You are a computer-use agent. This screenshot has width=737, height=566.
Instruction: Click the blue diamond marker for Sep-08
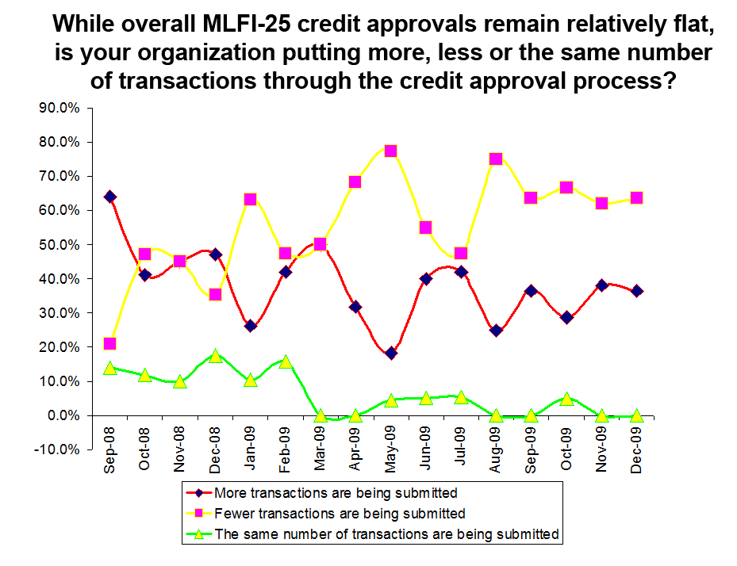(110, 197)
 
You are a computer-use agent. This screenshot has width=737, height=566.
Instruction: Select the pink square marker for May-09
(390, 151)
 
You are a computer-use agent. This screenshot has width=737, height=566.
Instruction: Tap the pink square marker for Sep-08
(110, 343)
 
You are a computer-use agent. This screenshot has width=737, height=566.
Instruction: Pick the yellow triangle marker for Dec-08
(215, 356)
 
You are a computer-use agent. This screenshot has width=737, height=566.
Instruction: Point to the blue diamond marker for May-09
(390, 353)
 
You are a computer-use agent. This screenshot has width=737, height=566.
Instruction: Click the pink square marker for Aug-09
(496, 159)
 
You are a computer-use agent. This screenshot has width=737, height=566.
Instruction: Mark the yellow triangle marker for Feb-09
(286, 362)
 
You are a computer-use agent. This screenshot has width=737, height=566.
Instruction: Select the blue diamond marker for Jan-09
(251, 326)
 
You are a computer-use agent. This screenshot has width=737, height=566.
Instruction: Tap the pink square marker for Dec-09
(636, 198)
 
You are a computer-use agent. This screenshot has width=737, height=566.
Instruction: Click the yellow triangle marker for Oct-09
(566, 399)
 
